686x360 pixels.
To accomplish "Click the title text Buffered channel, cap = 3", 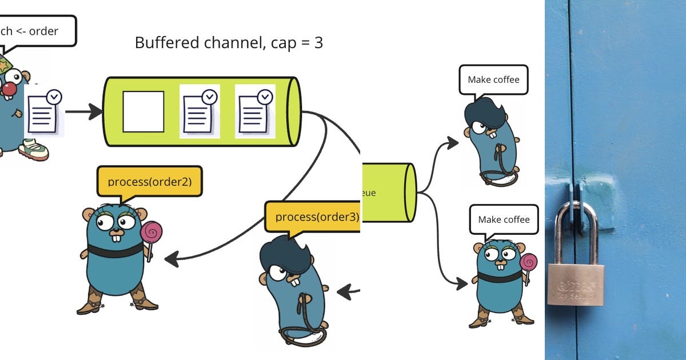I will (229, 43).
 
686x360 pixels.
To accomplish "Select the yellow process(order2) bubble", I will (150, 182).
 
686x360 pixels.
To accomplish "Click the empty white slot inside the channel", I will (143, 111).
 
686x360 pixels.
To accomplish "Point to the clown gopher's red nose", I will (9, 89).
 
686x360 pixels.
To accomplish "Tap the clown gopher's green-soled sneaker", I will (34, 150).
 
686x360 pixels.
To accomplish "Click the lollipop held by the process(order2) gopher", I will (151, 232).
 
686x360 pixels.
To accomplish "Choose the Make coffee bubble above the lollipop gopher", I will (503, 219).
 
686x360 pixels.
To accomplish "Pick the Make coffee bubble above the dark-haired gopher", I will (493, 79).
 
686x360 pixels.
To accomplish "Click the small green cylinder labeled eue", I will (389, 193).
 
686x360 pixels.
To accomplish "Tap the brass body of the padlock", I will (576, 284).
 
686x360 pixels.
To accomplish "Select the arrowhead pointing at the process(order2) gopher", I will (170, 259).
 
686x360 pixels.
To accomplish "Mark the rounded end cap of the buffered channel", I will (294, 111).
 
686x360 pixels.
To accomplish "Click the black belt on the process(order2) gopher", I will (115, 251).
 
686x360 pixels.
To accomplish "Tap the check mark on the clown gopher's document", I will (54, 97).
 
